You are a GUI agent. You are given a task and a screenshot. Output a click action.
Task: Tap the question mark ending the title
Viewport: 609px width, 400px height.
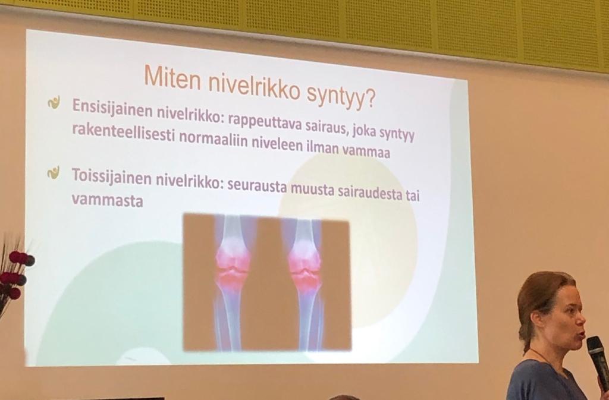click(370, 99)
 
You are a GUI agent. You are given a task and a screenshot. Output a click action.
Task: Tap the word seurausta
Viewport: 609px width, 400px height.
click(257, 186)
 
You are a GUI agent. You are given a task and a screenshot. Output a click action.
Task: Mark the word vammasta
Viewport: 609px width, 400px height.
click(107, 200)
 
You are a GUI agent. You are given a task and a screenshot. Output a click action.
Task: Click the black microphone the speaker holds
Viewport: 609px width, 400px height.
click(597, 361)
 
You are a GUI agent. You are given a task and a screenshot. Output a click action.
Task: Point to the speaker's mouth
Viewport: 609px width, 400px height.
click(581, 334)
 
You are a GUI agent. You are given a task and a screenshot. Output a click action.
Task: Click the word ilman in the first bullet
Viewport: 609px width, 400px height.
click(319, 147)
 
